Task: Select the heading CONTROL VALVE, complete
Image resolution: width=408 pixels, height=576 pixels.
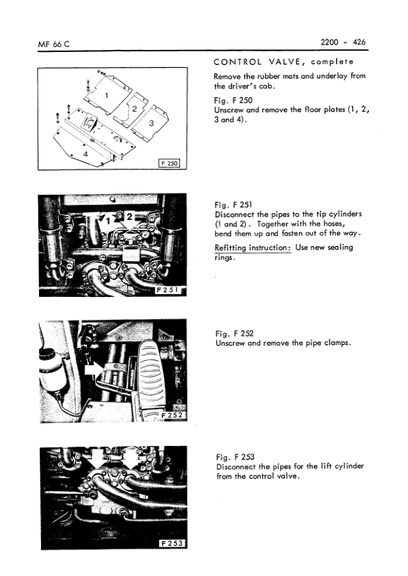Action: click(281, 63)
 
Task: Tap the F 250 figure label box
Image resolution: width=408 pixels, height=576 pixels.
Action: click(168, 163)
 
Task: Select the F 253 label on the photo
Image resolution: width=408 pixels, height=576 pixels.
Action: click(171, 543)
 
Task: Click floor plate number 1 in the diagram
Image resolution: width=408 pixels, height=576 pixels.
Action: click(107, 94)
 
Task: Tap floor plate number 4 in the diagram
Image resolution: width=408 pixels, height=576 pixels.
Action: click(86, 155)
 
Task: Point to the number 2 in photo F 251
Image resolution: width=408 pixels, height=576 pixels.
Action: click(128, 218)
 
